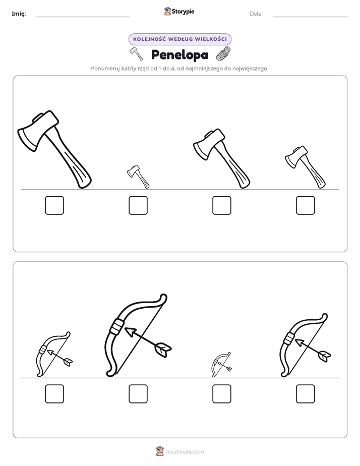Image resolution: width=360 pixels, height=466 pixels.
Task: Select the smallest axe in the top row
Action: coord(138,177)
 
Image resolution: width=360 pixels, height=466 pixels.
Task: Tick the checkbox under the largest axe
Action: coord(54,205)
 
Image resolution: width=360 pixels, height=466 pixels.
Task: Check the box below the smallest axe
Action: coord(138,205)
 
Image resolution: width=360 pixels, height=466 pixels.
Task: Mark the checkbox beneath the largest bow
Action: coord(138,394)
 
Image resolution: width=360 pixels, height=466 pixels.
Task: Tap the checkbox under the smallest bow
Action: coord(222,394)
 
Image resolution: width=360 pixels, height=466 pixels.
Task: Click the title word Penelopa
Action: coord(179,54)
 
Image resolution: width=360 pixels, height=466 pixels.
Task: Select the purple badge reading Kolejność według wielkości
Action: coord(179,39)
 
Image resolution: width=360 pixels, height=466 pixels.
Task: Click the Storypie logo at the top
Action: coord(179,11)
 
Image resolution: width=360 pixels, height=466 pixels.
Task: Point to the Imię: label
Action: coord(19,14)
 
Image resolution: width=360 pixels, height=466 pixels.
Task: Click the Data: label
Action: coord(256,14)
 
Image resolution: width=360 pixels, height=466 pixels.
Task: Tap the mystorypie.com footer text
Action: coord(185,452)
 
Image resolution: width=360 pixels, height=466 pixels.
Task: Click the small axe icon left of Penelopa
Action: coord(136,53)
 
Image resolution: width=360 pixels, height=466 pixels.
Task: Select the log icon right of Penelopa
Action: coord(223,54)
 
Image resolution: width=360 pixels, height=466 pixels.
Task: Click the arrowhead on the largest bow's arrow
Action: coord(130,332)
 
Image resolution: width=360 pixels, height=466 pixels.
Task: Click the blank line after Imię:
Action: coord(83,17)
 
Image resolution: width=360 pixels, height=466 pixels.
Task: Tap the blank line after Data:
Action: coord(311,17)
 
